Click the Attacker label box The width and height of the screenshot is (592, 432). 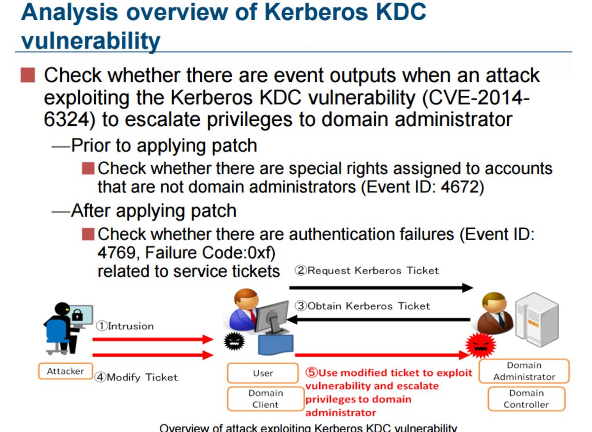66,371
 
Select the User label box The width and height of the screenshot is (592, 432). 263,373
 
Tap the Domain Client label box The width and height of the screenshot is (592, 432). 265,399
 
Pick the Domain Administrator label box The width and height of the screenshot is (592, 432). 524,371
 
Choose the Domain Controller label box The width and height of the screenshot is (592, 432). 526,399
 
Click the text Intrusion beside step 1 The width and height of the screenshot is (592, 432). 131,326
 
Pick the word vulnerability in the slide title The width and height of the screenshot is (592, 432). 91,41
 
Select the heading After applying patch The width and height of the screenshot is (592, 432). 153,211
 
